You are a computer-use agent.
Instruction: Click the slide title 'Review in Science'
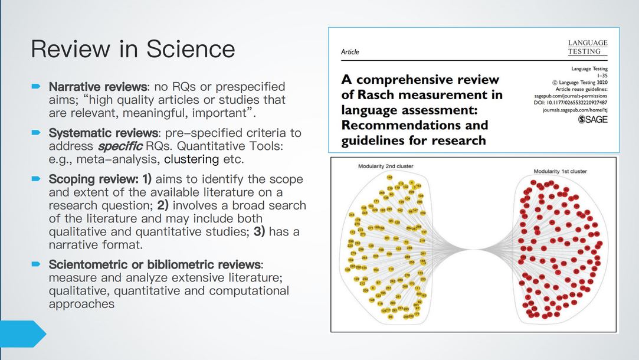133,49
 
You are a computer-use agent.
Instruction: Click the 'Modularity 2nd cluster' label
386,166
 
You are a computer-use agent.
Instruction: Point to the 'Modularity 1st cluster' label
561,171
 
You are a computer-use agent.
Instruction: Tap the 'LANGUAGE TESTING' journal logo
587,47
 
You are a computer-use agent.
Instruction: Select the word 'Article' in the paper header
350,52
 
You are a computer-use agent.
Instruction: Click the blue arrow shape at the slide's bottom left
22,333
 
